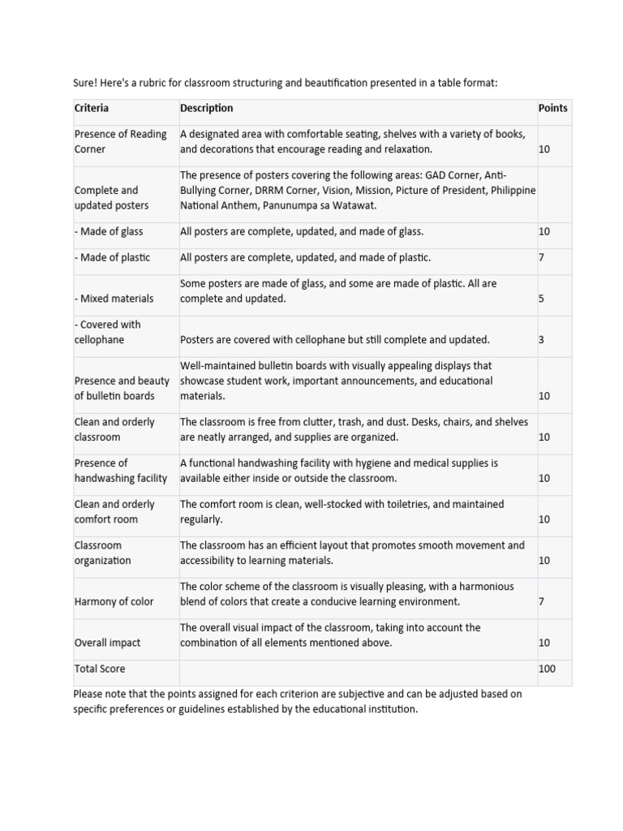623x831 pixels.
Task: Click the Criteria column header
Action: (92, 108)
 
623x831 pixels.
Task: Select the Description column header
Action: (206, 108)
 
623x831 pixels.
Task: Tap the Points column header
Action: (552, 108)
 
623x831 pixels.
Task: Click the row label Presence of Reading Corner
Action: (120, 141)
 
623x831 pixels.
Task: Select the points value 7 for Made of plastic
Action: (542, 257)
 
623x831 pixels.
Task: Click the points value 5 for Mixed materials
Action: (542, 299)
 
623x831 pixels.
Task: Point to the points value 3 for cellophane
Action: (542, 340)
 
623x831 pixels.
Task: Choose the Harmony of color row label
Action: (114, 601)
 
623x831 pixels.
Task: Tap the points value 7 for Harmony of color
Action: (542, 601)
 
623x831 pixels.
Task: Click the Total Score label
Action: (100, 669)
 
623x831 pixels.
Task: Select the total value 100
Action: (547, 669)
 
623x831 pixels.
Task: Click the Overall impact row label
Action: (107, 643)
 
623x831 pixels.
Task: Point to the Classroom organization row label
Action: (102, 553)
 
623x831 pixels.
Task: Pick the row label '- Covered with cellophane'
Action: (107, 332)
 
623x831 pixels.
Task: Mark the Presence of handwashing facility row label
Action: (120, 471)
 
